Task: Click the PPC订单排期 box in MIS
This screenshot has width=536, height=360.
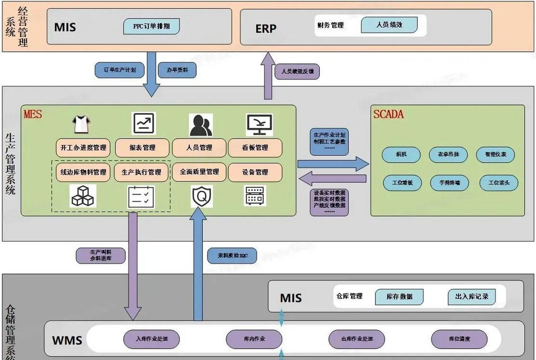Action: click(x=152, y=26)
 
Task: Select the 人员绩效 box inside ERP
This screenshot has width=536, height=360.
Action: click(x=389, y=25)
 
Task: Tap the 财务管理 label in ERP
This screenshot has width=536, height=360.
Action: click(x=331, y=25)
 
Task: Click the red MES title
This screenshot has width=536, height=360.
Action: click(x=33, y=114)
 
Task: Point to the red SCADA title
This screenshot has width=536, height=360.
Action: click(x=389, y=114)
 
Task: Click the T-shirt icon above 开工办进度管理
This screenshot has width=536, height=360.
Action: click(x=82, y=124)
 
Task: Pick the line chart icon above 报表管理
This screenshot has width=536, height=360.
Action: click(x=143, y=123)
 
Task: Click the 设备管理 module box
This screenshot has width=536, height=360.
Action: click(x=255, y=172)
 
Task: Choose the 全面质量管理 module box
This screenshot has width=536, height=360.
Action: click(x=199, y=172)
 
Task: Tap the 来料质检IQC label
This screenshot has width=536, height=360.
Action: click(x=232, y=256)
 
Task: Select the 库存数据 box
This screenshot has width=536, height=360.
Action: click(x=399, y=297)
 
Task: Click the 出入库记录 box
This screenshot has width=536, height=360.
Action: click(x=472, y=297)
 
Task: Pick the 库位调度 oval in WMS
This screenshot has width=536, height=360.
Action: click(x=459, y=339)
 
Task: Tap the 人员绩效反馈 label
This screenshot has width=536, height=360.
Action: click(x=297, y=71)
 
